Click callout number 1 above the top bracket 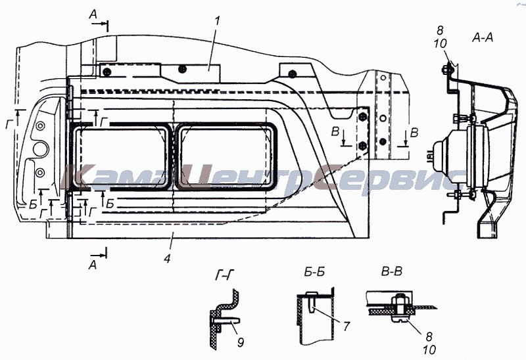(217, 21)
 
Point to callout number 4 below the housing (168, 258)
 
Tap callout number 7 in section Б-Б (347, 325)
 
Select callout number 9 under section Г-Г (241, 342)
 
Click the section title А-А (483, 38)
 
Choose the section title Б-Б (314, 272)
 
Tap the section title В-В (392, 271)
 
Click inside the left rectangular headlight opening (122, 156)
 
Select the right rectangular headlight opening (226, 156)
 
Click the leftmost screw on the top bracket (107, 72)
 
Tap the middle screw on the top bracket (182, 69)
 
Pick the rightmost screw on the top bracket (292, 74)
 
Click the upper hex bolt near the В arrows (362, 117)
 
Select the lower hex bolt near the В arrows (362, 146)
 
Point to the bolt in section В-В (400, 307)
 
